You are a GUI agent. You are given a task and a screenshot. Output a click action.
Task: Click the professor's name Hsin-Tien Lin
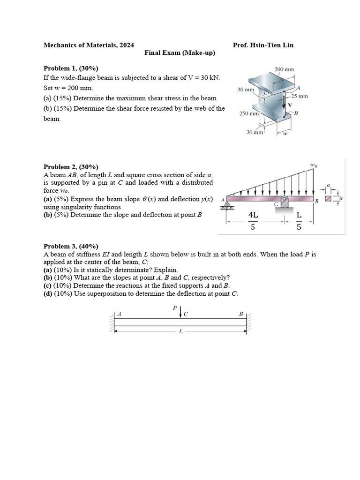point(271,45)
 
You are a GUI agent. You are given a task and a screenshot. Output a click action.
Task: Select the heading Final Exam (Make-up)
point(180,52)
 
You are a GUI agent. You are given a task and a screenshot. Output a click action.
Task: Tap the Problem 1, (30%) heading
point(71,68)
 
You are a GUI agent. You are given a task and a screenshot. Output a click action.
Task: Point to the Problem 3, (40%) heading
point(71,246)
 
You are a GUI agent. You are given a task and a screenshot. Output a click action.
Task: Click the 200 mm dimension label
point(284,69)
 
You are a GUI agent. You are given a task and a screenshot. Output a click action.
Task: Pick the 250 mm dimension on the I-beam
point(249,113)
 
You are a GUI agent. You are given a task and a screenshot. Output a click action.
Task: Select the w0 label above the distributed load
point(314,165)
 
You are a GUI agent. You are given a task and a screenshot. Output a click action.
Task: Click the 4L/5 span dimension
point(253,221)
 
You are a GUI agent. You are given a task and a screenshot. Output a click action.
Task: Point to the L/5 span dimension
point(299,221)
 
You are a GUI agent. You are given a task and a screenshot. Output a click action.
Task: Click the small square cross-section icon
point(328,199)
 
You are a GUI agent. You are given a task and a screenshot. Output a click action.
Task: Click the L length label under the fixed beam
point(180,331)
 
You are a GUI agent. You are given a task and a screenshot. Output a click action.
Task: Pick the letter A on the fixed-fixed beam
point(119,314)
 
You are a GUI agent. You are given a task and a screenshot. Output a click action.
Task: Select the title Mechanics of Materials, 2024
point(89,45)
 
